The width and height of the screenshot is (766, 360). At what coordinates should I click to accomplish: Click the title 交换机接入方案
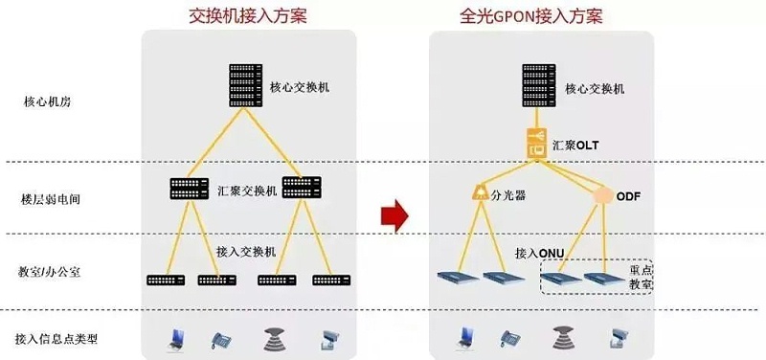247,15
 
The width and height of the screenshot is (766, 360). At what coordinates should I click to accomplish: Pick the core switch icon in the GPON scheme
539,87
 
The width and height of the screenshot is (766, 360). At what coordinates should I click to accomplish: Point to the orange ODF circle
603,196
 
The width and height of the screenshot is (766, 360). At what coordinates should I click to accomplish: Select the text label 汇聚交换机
249,191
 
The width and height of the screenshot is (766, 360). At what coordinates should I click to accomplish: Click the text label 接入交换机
246,252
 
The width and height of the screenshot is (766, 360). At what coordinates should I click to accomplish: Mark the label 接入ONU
539,253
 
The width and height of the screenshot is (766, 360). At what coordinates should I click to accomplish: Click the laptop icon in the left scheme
174,337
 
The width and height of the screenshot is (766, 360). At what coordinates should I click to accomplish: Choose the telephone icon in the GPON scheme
510,338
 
